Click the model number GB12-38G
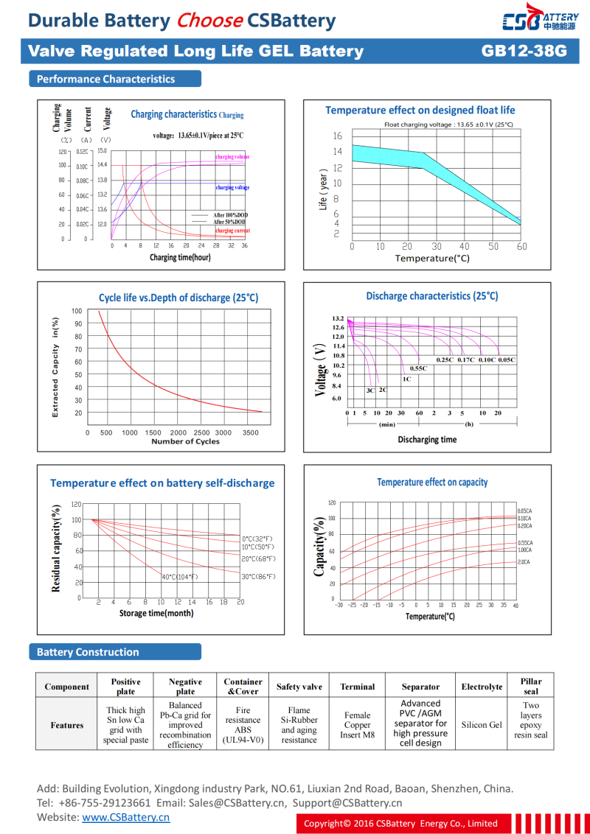tap(524, 51)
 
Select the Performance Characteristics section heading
tap(105, 79)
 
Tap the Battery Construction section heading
tap(88, 652)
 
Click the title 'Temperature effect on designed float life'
tap(420, 110)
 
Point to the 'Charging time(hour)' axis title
tap(180, 257)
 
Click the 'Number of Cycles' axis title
tap(185, 441)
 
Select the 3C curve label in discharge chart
tap(370, 390)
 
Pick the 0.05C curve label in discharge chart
tap(507, 360)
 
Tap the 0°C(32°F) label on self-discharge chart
tap(257, 539)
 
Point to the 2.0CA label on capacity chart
tap(524, 562)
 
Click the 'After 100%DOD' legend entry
tap(229, 214)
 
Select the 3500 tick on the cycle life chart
tap(251, 432)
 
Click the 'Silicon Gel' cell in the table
tap(482, 724)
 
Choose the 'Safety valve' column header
tap(299, 687)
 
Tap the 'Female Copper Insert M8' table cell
tap(358, 724)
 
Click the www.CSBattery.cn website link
tap(125, 817)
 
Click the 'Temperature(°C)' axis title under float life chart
tap(432, 258)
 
